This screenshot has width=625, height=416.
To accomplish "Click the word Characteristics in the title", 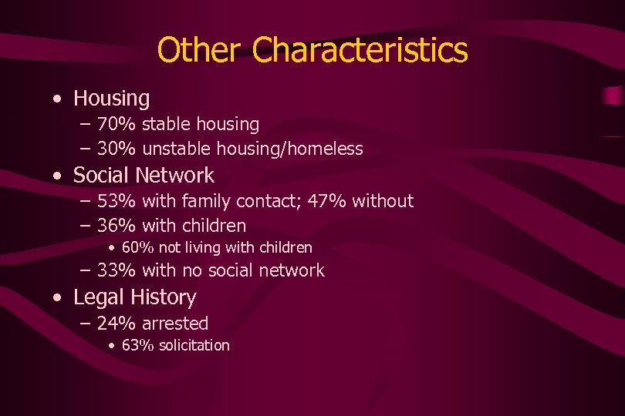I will pos(360,50).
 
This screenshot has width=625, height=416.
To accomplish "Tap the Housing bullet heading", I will pos(111,99).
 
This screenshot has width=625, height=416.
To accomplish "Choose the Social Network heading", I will pos(144,176).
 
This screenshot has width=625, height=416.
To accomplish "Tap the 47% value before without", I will pos(327,202).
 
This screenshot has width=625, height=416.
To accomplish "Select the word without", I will pos(383,202).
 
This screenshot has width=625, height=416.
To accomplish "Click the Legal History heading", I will pos(134,297).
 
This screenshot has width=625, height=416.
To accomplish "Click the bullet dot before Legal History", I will pos(59,298).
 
